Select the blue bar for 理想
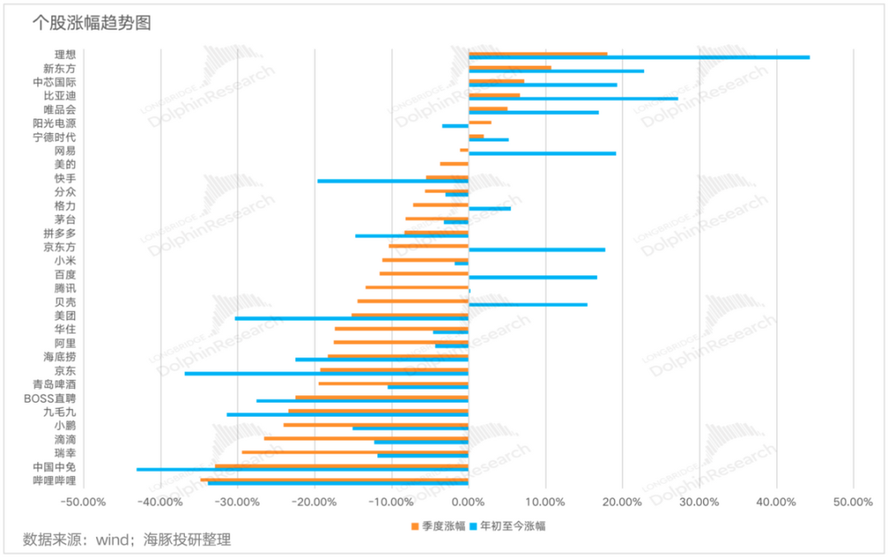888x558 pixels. pos(638,58)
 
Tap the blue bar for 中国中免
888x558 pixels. pos(302,469)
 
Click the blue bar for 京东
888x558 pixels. pos(326,373)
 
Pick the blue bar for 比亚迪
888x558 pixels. pos(573,99)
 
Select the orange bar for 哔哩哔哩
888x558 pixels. pos(335,479)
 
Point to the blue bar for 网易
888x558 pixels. pos(542,154)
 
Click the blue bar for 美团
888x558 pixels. pos(351,318)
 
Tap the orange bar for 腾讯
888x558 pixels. pos(417,287)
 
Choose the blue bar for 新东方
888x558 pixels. pos(556,71)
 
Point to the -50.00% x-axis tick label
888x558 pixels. pos(84,501)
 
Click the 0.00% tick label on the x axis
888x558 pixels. pos(468,501)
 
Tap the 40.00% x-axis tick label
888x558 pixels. pos(775,501)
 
